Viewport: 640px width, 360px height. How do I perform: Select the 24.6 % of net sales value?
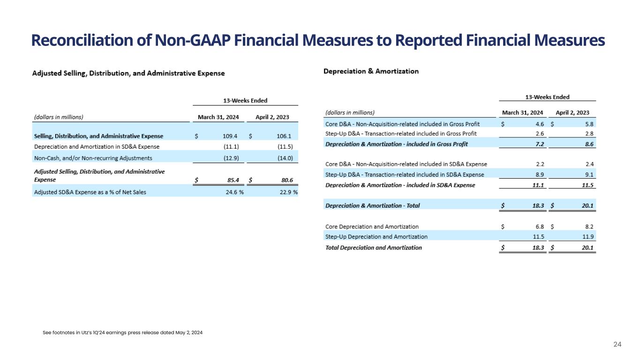[x=234, y=192]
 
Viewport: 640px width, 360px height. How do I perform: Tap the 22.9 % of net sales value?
[x=288, y=192]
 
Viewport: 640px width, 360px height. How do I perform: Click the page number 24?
[x=617, y=345]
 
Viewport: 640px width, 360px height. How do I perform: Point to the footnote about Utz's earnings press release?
[x=123, y=332]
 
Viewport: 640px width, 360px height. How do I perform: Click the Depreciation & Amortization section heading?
[x=371, y=71]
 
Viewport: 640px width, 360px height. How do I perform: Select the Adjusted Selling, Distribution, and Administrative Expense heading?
[x=128, y=73]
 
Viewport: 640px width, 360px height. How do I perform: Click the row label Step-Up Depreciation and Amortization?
[x=376, y=237]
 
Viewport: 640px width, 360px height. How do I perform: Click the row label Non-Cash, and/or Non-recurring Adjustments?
[x=93, y=158]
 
